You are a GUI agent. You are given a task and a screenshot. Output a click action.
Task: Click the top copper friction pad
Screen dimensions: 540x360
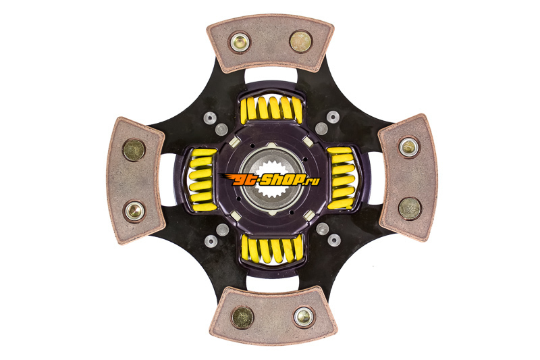pos(271,44)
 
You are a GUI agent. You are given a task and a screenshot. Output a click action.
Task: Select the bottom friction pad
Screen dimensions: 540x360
pos(273,315)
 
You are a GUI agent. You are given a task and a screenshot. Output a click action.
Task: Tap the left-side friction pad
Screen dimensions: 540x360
pos(136,180)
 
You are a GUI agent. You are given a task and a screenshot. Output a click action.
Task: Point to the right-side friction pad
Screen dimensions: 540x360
pos(408,178)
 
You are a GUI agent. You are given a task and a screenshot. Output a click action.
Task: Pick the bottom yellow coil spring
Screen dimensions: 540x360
pos(272,249)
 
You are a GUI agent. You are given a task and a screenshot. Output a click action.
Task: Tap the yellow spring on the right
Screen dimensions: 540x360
pos(341,178)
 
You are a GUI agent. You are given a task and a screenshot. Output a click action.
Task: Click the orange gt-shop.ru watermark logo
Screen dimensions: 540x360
pos(269,179)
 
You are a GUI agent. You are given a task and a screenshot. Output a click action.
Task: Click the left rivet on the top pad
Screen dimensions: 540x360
pos(240,43)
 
